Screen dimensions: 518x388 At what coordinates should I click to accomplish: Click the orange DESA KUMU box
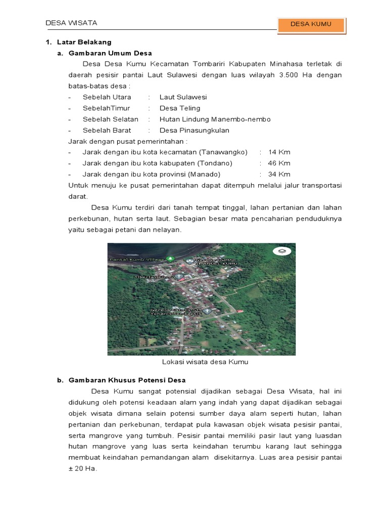pyautogui.click(x=311, y=24)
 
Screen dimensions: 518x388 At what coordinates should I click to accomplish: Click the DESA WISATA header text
pyautogui.click(x=71, y=23)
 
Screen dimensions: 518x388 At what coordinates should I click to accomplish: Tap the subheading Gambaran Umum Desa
pyautogui.click(x=110, y=53)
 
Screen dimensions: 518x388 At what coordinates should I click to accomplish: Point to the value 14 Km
pyautogui.click(x=279, y=152)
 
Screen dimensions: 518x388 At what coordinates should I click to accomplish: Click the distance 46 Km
pyautogui.click(x=279, y=163)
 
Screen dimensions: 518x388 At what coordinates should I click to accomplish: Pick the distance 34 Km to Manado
pyautogui.click(x=279, y=175)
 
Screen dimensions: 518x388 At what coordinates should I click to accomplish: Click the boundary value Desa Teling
pyautogui.click(x=180, y=108)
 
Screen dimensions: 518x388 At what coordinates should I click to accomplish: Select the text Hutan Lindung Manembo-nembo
pyautogui.click(x=215, y=119)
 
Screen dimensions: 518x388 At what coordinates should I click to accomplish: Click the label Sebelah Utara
pyautogui.click(x=107, y=97)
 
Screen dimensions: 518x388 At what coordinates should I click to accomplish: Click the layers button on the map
pyautogui.click(x=282, y=251)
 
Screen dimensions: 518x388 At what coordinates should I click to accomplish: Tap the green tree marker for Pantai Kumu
pyautogui.click(x=171, y=259)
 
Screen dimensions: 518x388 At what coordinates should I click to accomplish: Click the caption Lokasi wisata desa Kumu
pyautogui.click(x=205, y=362)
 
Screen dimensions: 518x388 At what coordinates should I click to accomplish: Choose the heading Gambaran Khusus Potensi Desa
pyautogui.click(x=127, y=380)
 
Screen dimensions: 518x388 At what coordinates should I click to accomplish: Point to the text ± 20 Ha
pyautogui.click(x=82, y=468)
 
